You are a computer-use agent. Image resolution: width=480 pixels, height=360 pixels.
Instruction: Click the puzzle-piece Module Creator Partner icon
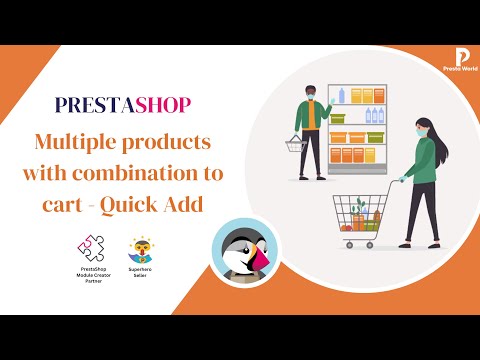(89, 246)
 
